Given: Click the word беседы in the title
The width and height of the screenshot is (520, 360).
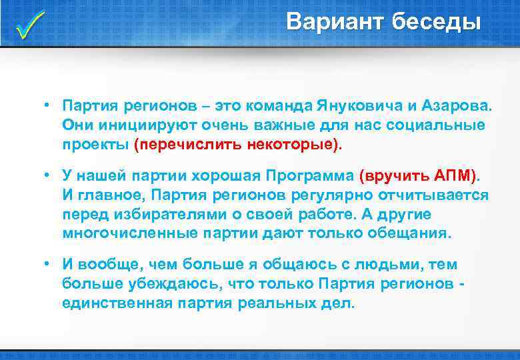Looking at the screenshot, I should pos(436,22).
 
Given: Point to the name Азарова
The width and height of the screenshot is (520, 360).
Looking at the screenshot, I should pos(459,106).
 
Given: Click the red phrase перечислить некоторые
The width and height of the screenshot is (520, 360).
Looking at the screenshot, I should pos(237,144).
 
